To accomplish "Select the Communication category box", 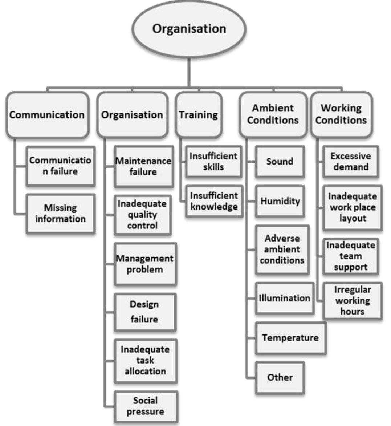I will pyautogui.click(x=47, y=115).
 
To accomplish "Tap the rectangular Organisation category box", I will pyautogui.click(x=132, y=115).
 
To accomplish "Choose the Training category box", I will pyautogui.click(x=199, y=115).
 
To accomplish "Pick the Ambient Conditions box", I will pyautogui.click(x=273, y=114).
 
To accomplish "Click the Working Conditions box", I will pyautogui.click(x=341, y=114).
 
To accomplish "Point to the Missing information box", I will pyautogui.click(x=61, y=214).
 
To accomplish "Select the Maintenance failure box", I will pyautogui.click(x=144, y=166).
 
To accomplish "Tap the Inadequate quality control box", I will pyautogui.click(x=143, y=215).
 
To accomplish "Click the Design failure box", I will pyautogui.click(x=145, y=312).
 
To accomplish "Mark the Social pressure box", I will pyautogui.click(x=146, y=406).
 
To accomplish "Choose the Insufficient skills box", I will pyautogui.click(x=213, y=162).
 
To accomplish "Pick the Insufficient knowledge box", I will pyautogui.click(x=214, y=201).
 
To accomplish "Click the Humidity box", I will pyautogui.click(x=280, y=201).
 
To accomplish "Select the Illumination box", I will pyautogui.click(x=285, y=298).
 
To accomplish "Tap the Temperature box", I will pyautogui.click(x=290, y=338).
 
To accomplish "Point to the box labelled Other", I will pyautogui.click(x=280, y=378).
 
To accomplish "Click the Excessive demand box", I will pyautogui.click(x=351, y=162).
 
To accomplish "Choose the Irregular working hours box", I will pyautogui.click(x=352, y=301).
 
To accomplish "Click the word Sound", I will pyautogui.click(x=280, y=161).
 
